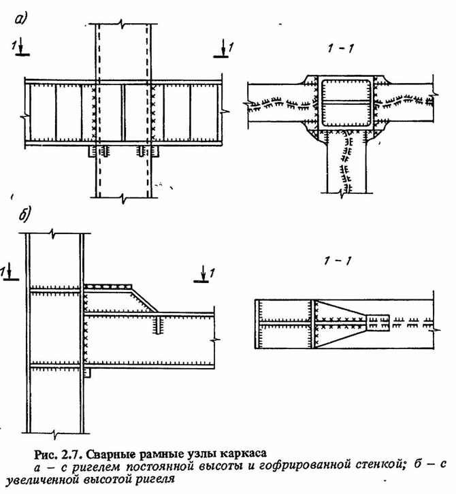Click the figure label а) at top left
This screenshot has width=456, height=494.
[x=21, y=19]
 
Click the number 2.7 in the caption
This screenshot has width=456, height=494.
[x=72, y=455]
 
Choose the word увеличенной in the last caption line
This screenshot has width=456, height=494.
[x=43, y=480]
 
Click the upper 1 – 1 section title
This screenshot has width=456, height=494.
[x=340, y=48]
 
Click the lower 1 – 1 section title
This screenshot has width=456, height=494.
[x=338, y=261]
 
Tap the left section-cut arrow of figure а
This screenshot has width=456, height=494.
[x=21, y=47]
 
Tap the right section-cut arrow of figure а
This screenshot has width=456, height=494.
[x=223, y=48]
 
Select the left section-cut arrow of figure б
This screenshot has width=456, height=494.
[x=9, y=271]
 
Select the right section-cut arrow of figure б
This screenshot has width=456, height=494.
[x=203, y=273]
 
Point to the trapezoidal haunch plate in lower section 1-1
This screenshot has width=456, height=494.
[x=341, y=324]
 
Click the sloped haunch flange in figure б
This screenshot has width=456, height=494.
[x=144, y=299]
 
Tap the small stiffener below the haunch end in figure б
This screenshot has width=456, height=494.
[x=158, y=325]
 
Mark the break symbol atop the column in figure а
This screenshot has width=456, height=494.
[x=123, y=24]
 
